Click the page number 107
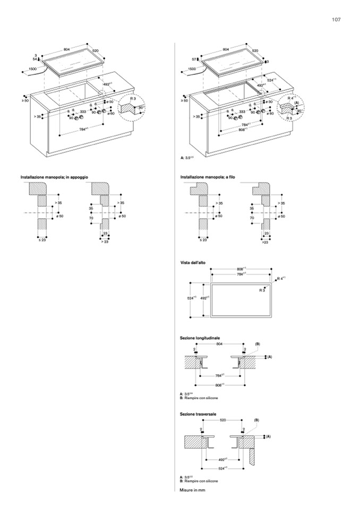(x=336, y=20)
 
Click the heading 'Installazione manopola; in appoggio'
(x=54, y=176)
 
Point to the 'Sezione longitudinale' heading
(x=200, y=338)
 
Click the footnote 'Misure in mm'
(x=192, y=490)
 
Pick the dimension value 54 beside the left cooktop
(x=35, y=59)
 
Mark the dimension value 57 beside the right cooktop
(x=194, y=59)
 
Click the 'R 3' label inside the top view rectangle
(x=262, y=290)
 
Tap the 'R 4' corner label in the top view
(x=281, y=278)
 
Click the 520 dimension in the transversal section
(x=223, y=420)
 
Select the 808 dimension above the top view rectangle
(x=241, y=269)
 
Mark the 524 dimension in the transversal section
(x=223, y=468)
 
